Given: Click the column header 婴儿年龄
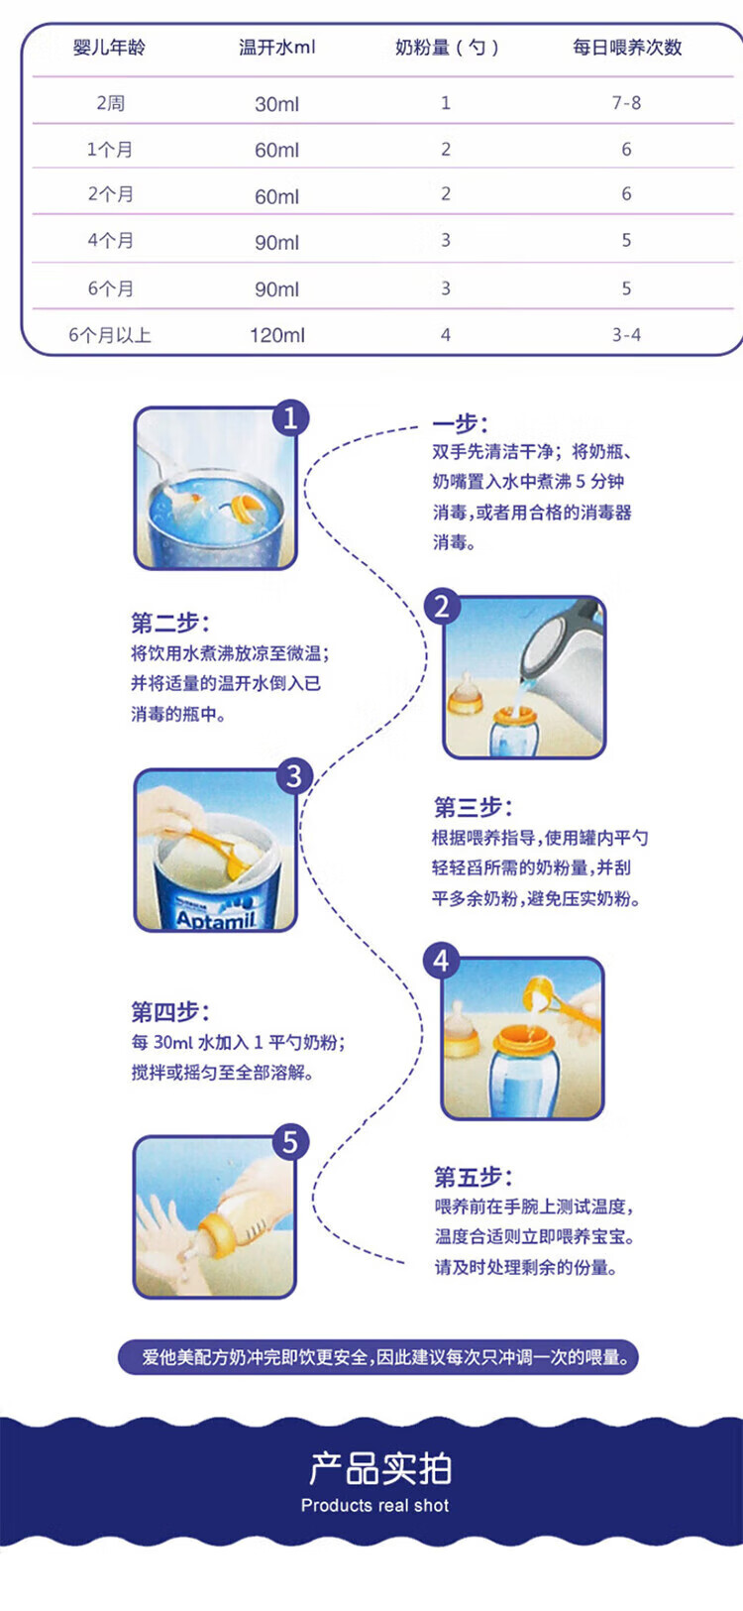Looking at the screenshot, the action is [109, 48].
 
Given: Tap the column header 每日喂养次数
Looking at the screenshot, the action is [626, 48].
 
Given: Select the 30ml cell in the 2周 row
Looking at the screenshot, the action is [276, 104].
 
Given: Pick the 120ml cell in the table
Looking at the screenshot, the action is [276, 335].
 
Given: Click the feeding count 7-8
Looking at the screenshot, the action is [626, 103].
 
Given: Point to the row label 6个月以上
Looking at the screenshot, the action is [109, 335].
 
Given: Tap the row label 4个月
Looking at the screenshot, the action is [110, 240].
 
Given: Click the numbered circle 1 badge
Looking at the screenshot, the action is [290, 417].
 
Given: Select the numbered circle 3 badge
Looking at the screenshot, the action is [294, 776].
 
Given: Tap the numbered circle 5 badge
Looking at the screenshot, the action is [290, 1141].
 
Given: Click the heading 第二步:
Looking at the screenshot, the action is [170, 623].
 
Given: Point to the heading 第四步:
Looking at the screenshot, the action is [170, 1012].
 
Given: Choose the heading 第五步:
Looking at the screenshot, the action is [474, 1178].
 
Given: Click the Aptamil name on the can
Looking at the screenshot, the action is [216, 918].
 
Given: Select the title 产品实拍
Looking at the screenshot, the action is [380, 1468].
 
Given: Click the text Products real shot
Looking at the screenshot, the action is [375, 1505].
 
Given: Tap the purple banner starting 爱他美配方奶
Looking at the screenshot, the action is [378, 1357].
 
